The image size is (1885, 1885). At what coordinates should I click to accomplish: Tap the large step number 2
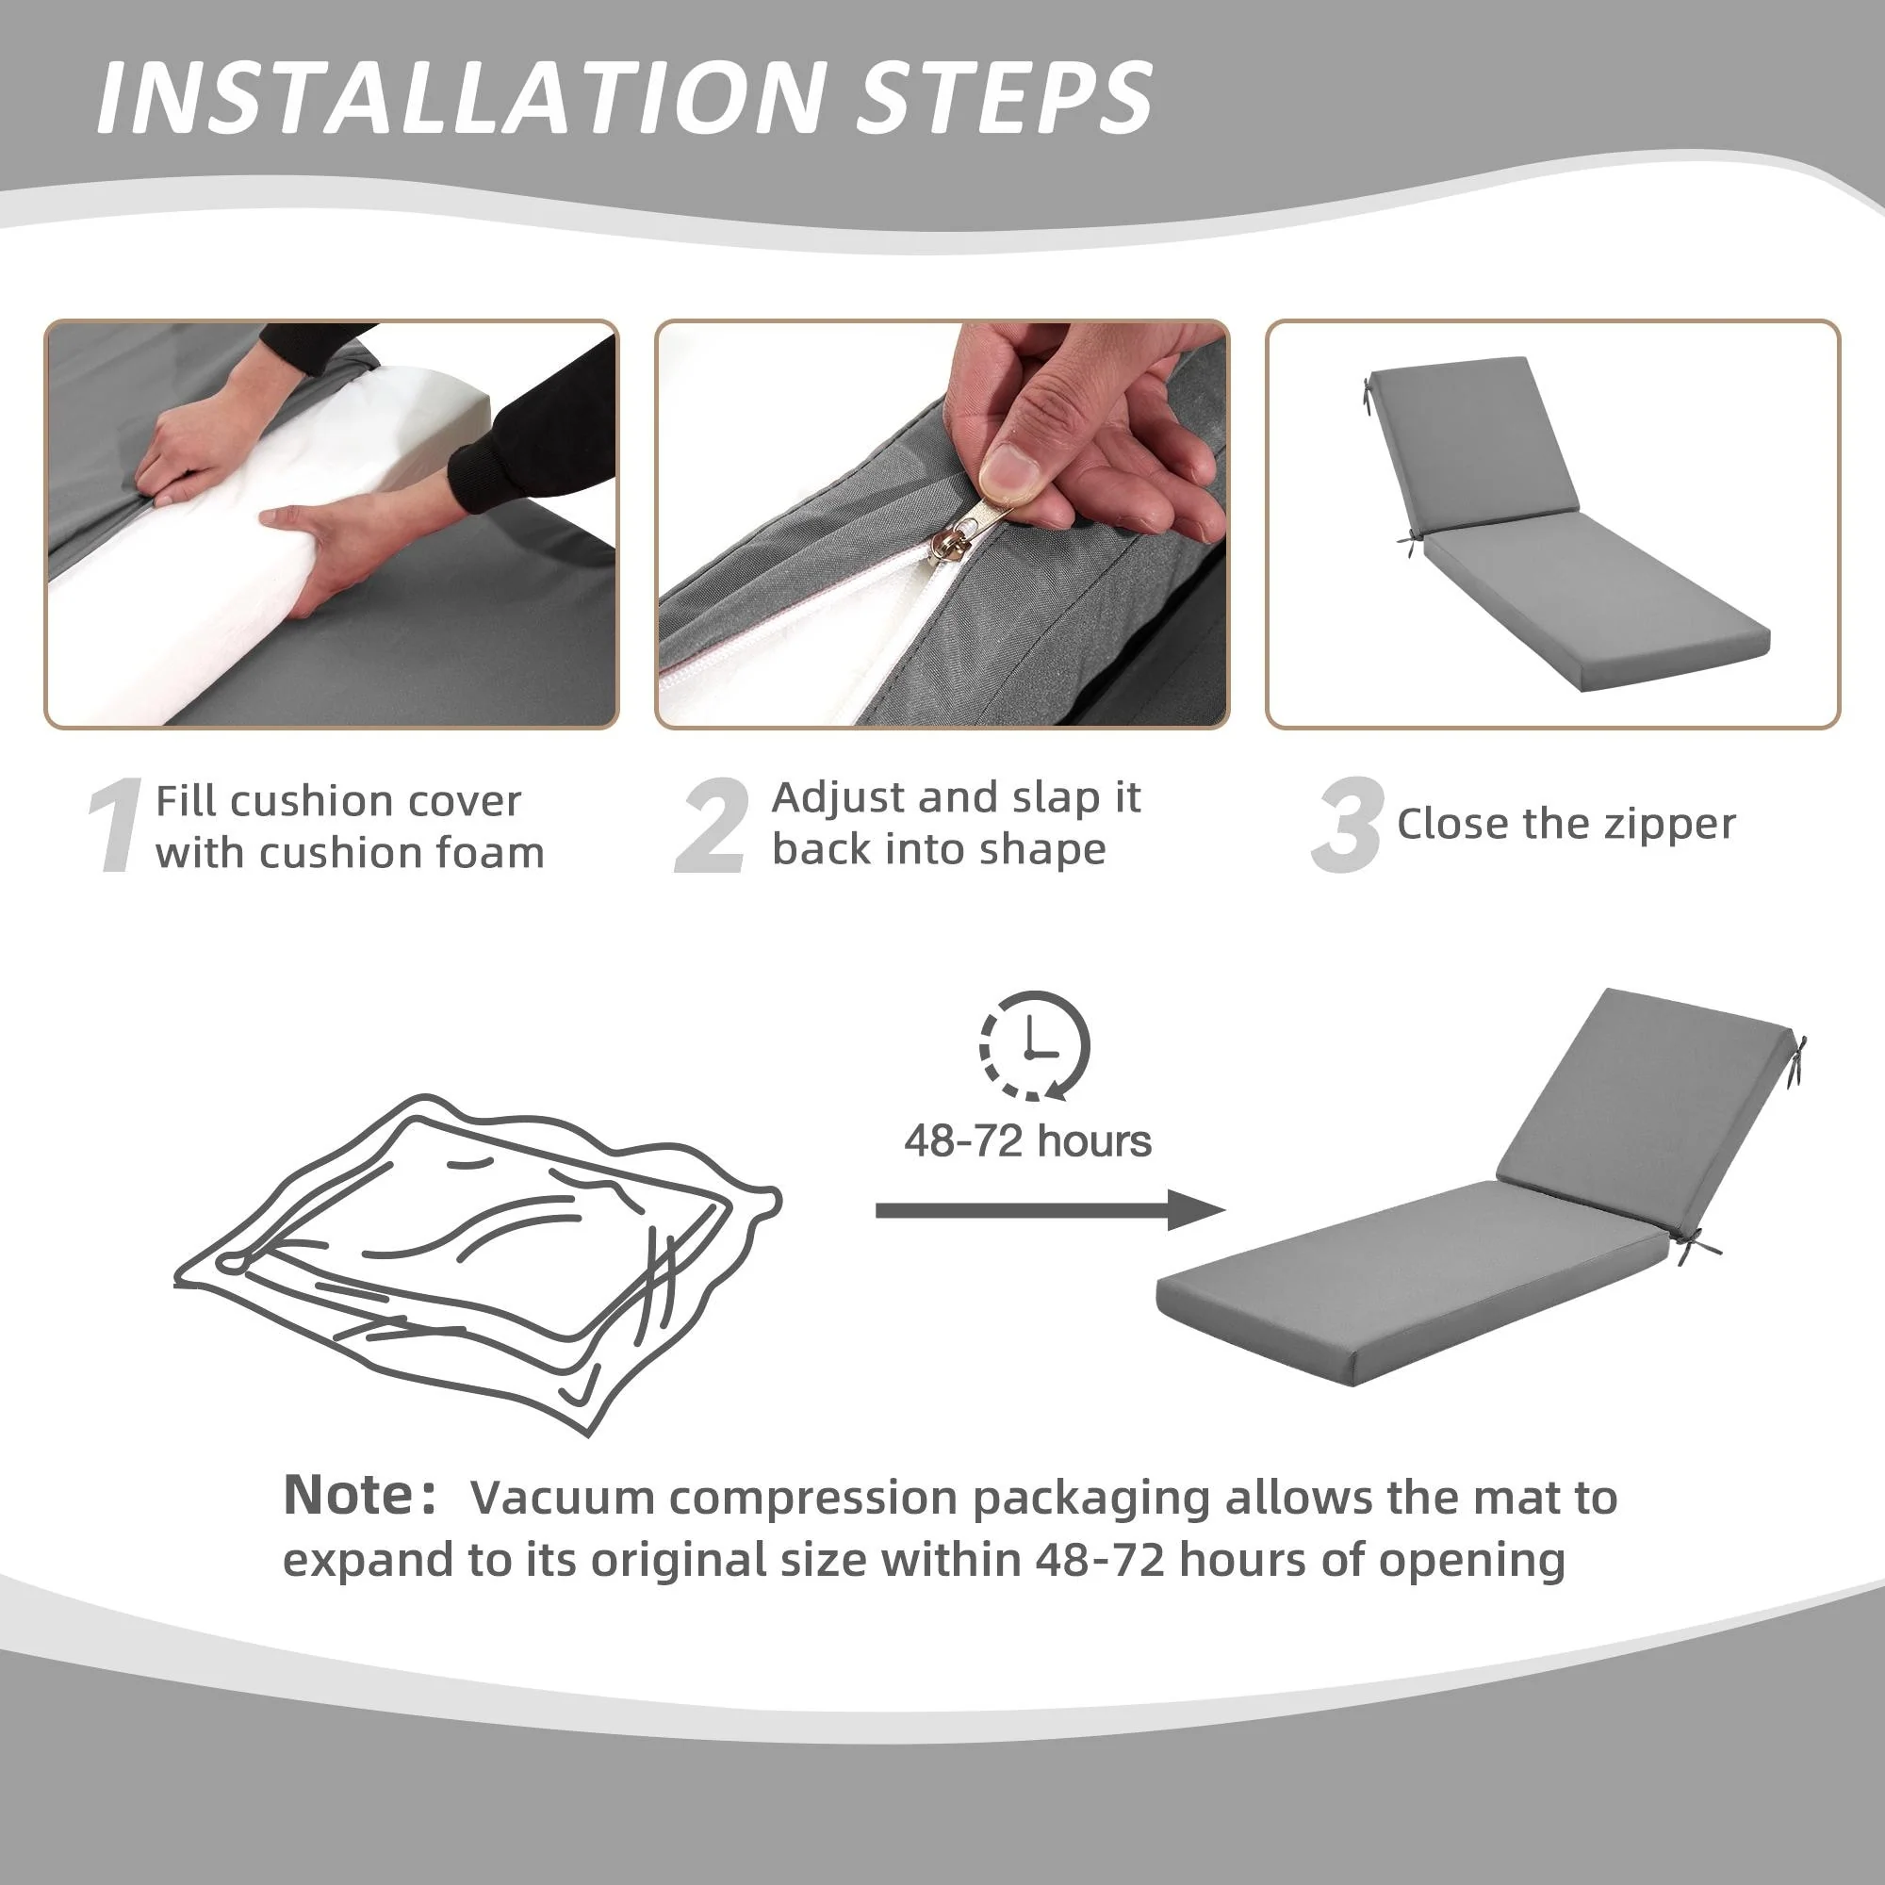pos(713,826)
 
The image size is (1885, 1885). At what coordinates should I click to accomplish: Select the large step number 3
pos(1348,826)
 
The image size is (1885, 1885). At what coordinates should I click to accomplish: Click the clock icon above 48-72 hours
pos(1034,1047)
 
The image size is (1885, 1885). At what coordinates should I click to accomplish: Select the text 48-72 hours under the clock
pos(1027,1140)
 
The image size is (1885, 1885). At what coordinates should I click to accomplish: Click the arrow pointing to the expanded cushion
pos(1050,1210)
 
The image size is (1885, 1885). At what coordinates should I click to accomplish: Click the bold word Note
pos(351,1495)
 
